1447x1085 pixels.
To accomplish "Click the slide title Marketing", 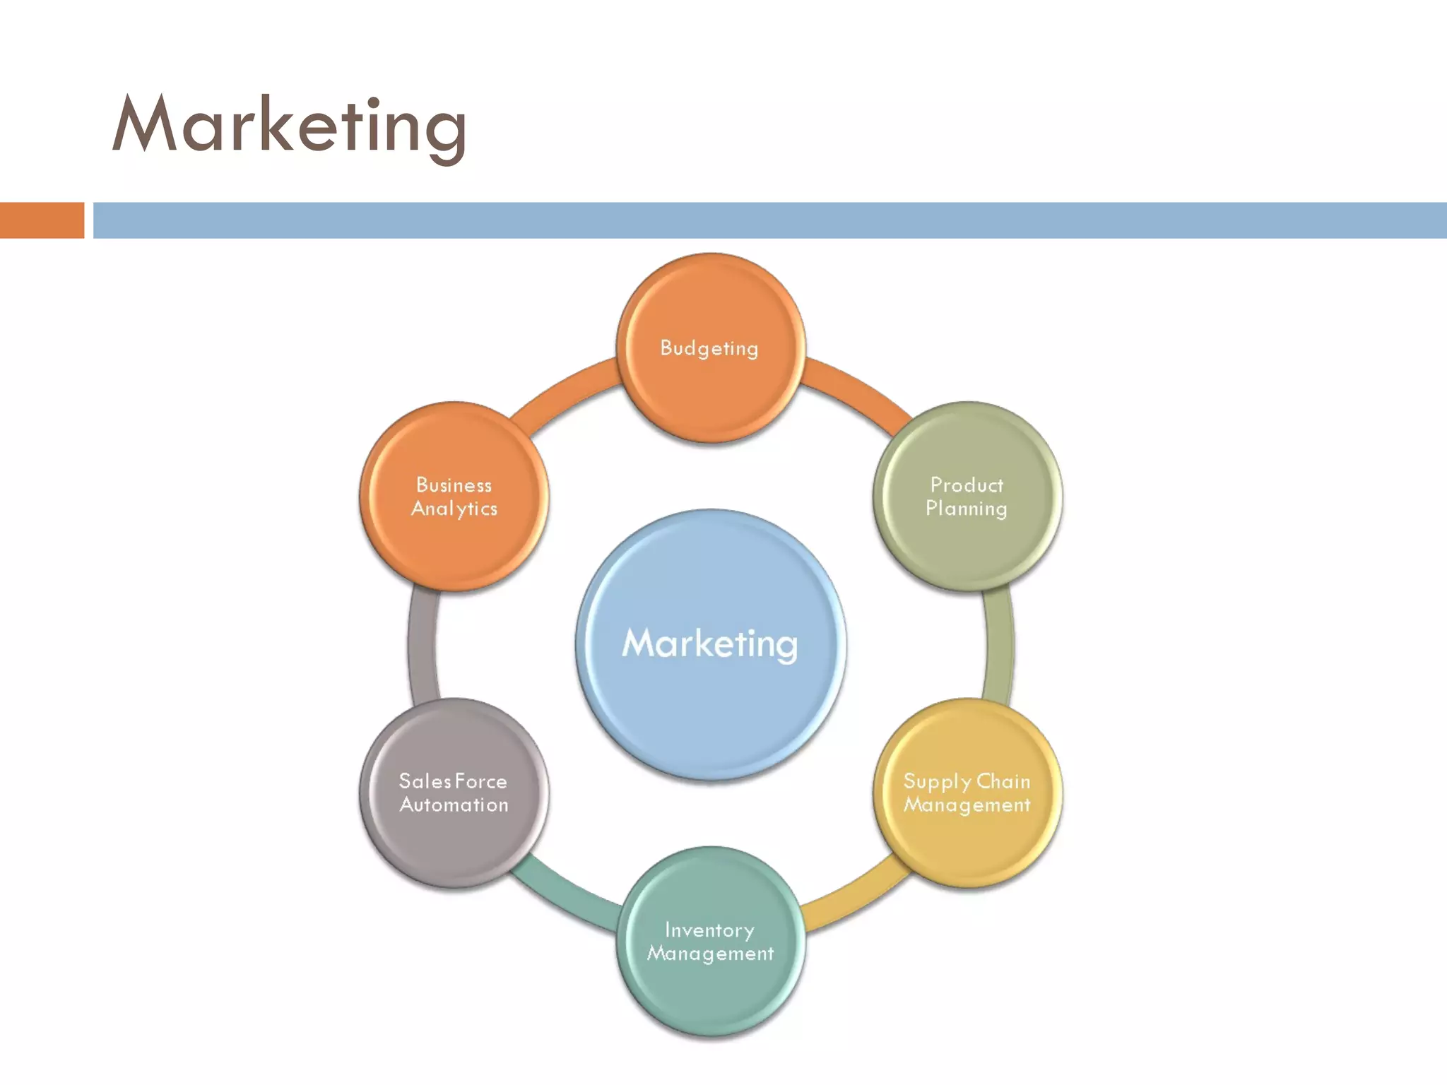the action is tap(290, 126).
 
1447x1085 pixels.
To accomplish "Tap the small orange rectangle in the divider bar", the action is tap(42, 220).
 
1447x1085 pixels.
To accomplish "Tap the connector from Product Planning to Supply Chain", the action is tap(998, 644).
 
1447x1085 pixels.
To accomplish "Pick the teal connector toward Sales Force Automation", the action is tap(565, 899).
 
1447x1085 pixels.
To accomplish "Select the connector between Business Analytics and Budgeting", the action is tap(565, 389).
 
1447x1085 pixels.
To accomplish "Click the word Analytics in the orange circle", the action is tap(454, 509).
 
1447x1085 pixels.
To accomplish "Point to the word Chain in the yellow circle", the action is tap(1003, 782).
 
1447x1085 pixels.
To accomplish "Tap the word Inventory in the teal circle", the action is tap(709, 931).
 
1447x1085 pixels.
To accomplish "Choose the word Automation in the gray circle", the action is tap(454, 805).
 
